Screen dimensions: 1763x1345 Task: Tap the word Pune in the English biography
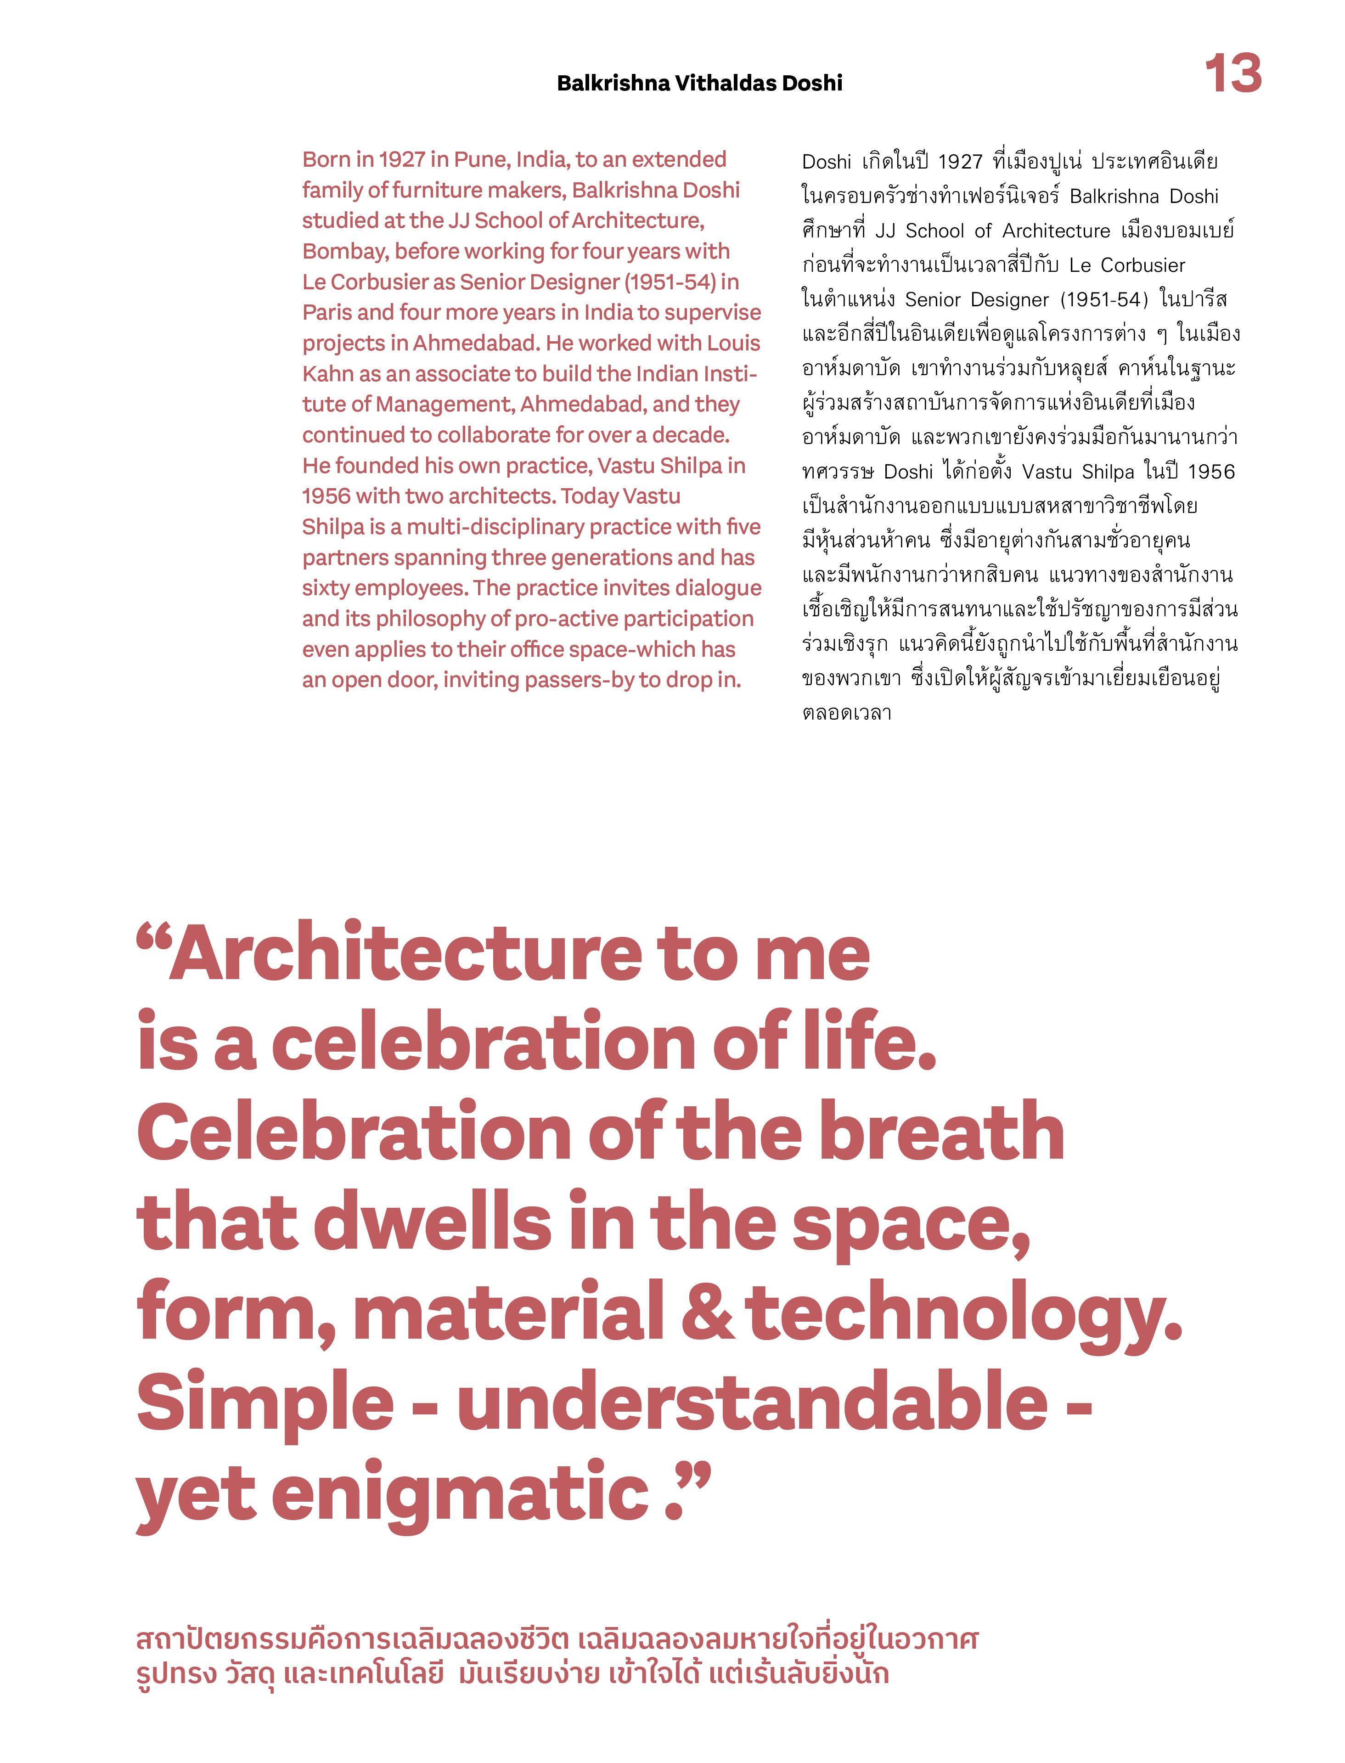480,159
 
